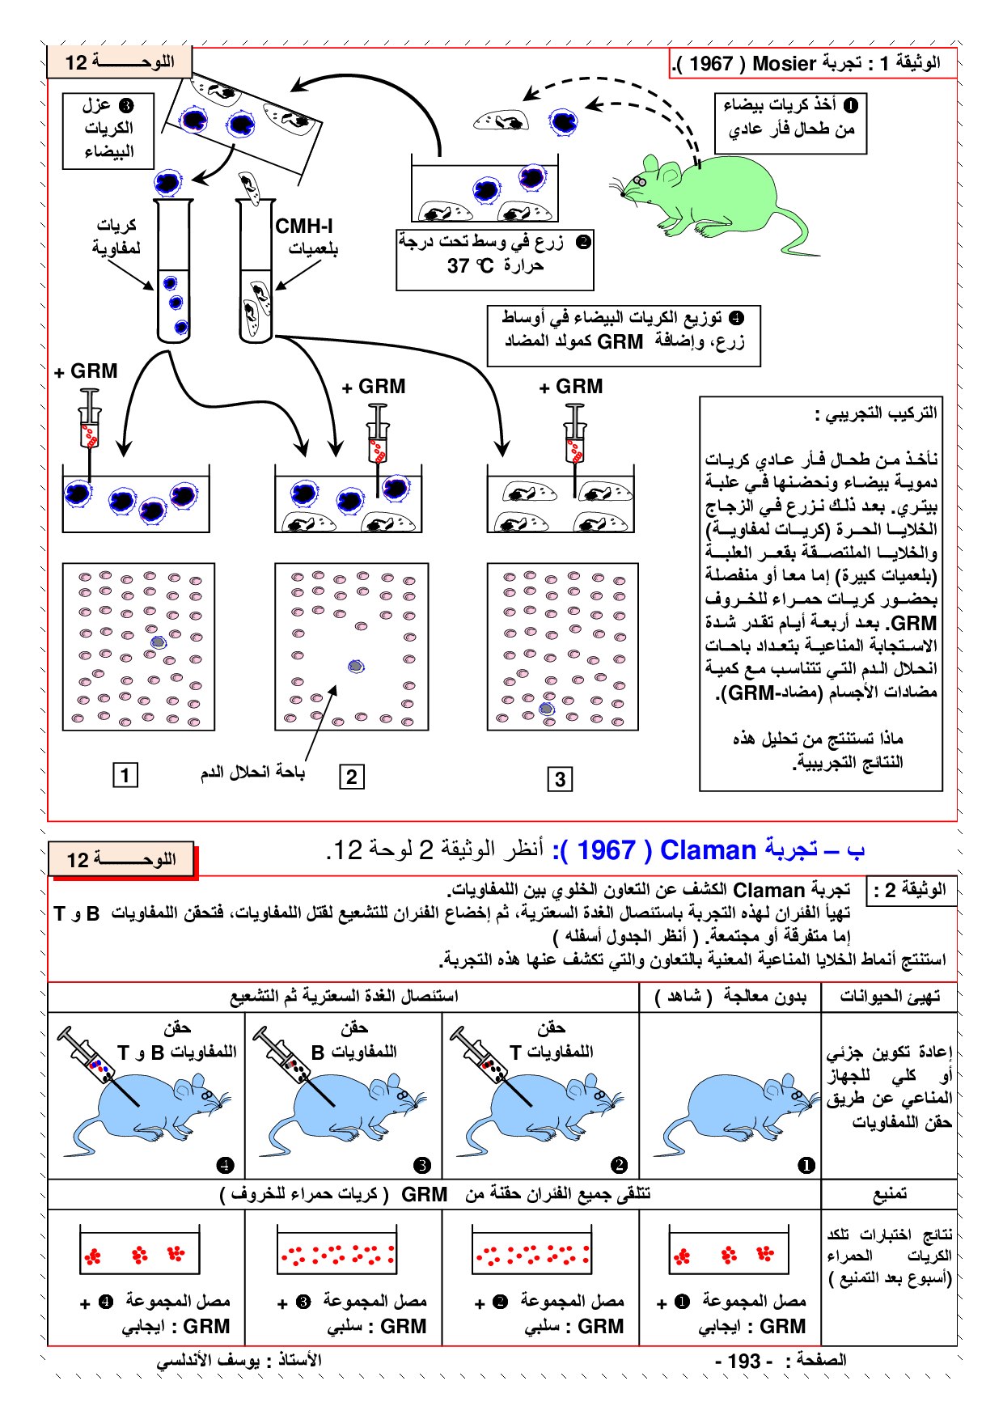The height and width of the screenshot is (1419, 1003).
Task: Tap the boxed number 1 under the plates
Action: [x=125, y=775]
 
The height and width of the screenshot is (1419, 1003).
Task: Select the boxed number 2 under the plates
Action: [x=351, y=777]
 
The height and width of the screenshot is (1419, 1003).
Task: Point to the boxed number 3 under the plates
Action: [x=560, y=779]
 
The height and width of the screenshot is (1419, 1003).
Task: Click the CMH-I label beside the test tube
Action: [x=304, y=227]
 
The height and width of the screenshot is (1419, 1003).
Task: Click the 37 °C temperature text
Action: [x=470, y=266]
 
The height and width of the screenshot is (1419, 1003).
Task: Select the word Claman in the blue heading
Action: [x=708, y=850]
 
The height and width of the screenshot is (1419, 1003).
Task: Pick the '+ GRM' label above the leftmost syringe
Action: [x=86, y=371]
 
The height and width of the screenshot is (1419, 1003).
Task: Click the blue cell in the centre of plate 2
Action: [x=356, y=667]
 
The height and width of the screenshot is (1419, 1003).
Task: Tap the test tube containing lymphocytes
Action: [x=174, y=271]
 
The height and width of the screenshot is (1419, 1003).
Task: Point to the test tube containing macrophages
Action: [x=256, y=271]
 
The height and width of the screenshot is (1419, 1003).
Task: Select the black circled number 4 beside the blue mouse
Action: [x=225, y=1165]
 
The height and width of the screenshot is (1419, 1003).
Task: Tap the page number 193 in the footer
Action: [x=744, y=1361]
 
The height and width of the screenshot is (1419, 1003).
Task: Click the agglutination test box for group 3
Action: [x=336, y=1249]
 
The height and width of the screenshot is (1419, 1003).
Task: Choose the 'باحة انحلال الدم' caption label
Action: [x=252, y=773]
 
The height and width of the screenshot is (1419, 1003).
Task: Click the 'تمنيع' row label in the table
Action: [x=889, y=1194]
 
